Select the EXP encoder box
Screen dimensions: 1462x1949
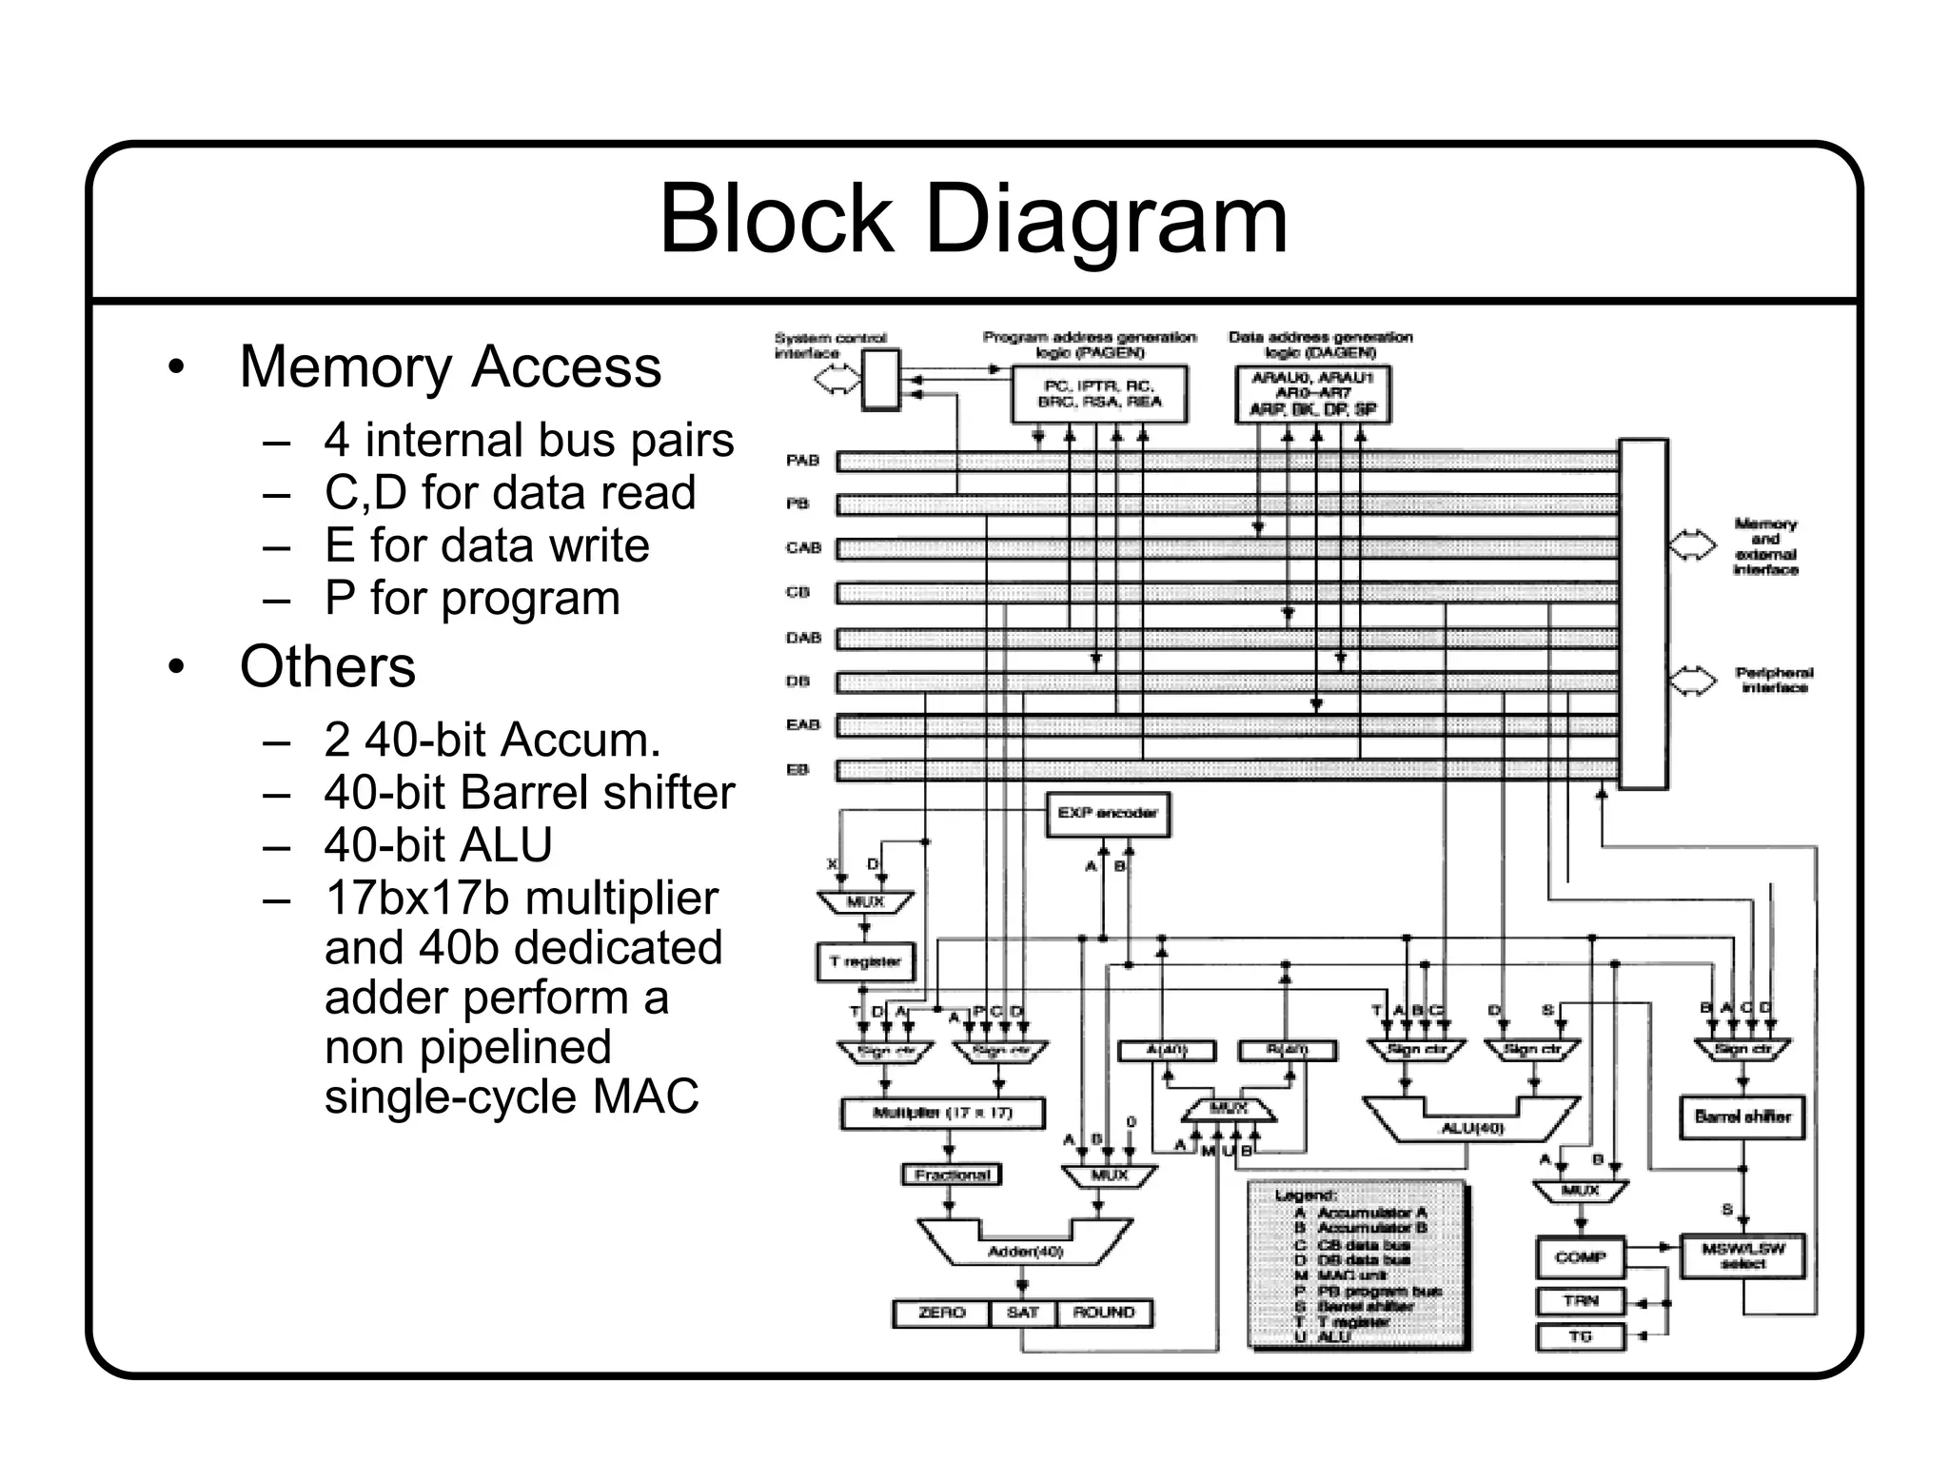tap(1107, 814)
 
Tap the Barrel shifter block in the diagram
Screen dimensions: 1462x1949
tap(1742, 1116)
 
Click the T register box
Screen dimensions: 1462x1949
tap(864, 961)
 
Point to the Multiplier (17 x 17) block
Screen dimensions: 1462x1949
tap(942, 1113)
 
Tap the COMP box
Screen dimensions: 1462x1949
tap(1580, 1257)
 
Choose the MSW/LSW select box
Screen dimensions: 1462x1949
tap(1742, 1256)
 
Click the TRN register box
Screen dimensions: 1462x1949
tap(1580, 1301)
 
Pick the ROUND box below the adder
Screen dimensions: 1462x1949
tap(1103, 1313)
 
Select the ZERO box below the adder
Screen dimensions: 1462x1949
tap(941, 1313)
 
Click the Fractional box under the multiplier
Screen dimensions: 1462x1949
tap(951, 1175)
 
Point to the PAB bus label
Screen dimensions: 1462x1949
tap(802, 461)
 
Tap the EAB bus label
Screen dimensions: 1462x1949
tap(802, 725)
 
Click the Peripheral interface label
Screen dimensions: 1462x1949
tap(1773, 680)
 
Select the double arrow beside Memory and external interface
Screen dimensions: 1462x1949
tap(1693, 545)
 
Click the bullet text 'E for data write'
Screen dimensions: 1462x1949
tap(486, 545)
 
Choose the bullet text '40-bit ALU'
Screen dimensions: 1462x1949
tap(438, 844)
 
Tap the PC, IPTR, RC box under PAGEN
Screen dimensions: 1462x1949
tap(1099, 394)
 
